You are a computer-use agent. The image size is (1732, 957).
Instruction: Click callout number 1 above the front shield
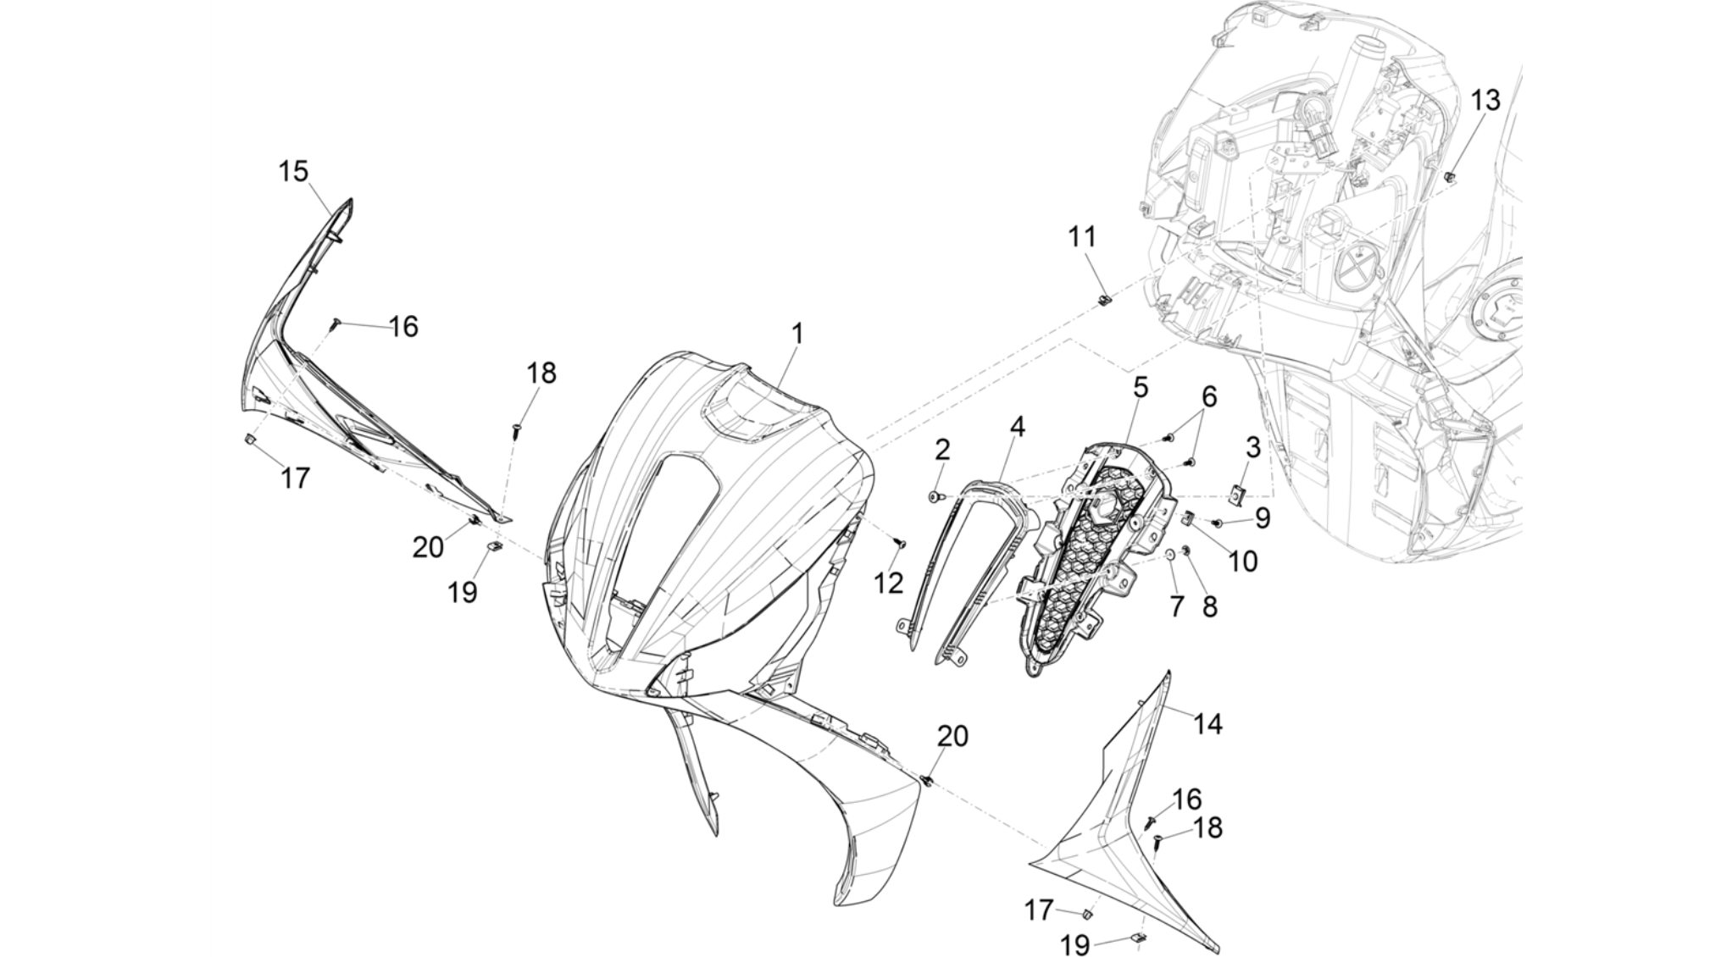click(x=797, y=334)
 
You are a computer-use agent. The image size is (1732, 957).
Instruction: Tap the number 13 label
click(x=1485, y=100)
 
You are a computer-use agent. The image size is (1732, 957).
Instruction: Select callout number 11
click(x=1082, y=237)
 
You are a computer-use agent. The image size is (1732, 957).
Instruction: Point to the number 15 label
click(x=293, y=171)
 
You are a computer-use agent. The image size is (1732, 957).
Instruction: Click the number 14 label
click(x=1207, y=723)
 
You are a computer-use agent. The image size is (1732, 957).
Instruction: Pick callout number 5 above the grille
click(x=1141, y=388)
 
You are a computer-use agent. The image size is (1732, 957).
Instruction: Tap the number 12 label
click(x=890, y=583)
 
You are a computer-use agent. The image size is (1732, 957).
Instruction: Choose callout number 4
click(x=1017, y=427)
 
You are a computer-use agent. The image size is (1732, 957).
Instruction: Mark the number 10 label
click(x=1243, y=561)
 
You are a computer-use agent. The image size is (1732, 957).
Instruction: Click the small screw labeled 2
click(x=934, y=496)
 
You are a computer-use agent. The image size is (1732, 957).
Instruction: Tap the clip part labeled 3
click(x=1238, y=492)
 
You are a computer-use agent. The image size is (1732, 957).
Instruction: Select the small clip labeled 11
click(x=1104, y=300)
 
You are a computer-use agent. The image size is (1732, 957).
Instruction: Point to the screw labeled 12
click(x=902, y=542)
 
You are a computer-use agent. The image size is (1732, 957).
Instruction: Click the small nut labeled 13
click(x=1450, y=176)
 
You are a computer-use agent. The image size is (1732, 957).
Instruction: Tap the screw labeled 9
click(x=1219, y=524)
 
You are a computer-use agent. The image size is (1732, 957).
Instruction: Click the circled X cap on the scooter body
click(x=1357, y=266)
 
